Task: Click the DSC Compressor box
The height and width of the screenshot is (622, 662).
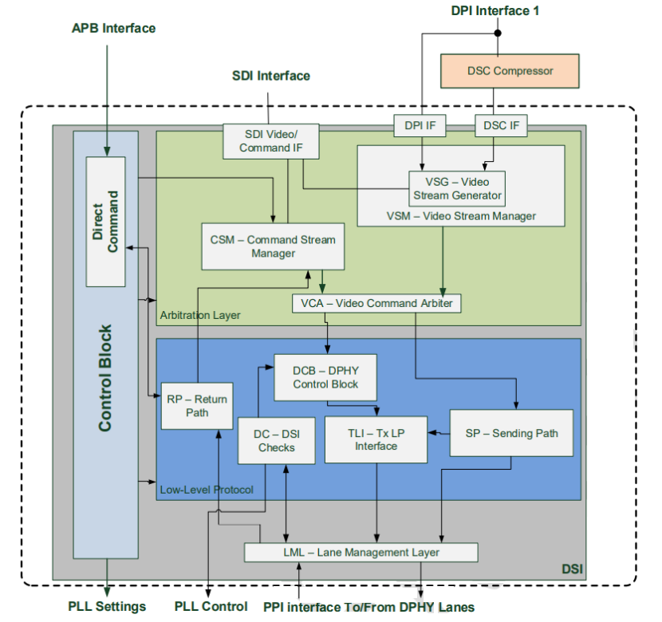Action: pyautogui.click(x=510, y=71)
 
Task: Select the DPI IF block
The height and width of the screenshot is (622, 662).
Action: pyautogui.click(x=420, y=124)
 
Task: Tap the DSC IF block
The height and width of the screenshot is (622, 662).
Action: pyautogui.click(x=500, y=124)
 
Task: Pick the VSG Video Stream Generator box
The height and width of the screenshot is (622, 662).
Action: pyautogui.click(x=457, y=188)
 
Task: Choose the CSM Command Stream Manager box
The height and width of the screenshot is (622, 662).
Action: pyautogui.click(x=273, y=246)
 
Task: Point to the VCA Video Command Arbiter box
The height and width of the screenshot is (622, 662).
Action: pyautogui.click(x=376, y=303)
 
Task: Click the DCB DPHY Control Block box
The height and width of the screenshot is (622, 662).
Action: pyautogui.click(x=325, y=377)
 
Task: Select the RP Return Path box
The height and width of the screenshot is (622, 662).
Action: pyautogui.click(x=197, y=406)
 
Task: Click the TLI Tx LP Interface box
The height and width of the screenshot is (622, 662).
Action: pyautogui.click(x=376, y=439)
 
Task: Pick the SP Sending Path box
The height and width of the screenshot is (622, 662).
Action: pyautogui.click(x=511, y=433)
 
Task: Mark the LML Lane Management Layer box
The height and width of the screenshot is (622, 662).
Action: pyautogui.click(x=361, y=552)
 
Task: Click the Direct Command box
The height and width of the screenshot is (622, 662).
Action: pyautogui.click(x=106, y=222)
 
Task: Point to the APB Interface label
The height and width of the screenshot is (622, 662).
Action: pyautogui.click(x=113, y=29)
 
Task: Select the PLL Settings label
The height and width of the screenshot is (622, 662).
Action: pyautogui.click(x=107, y=607)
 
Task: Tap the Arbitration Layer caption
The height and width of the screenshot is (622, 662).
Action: pyautogui.click(x=200, y=316)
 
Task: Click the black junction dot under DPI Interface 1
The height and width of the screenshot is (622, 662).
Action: pyautogui.click(x=498, y=33)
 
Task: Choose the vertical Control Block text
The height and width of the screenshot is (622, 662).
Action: pyautogui.click(x=104, y=377)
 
